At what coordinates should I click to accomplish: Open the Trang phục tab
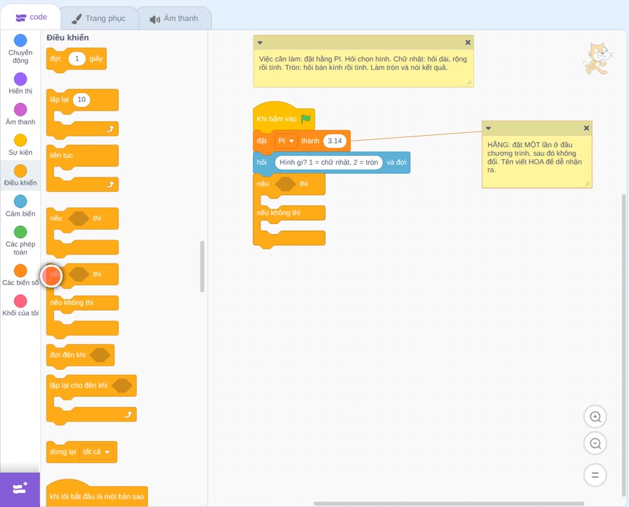click(99, 18)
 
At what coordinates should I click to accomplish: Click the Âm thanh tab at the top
click(174, 18)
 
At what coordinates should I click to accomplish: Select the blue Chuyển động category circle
click(21, 40)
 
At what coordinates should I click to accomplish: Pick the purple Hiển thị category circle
click(21, 79)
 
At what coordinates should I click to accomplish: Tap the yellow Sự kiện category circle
click(21, 140)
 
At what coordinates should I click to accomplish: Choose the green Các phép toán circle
click(21, 232)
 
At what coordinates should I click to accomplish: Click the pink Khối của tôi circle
click(21, 301)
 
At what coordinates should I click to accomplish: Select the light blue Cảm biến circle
click(21, 201)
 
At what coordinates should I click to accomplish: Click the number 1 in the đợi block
click(77, 58)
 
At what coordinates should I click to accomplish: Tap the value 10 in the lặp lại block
click(81, 99)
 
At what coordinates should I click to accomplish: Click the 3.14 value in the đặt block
click(335, 141)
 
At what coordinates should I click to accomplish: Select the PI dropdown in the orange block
click(286, 141)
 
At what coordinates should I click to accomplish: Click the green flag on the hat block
click(306, 118)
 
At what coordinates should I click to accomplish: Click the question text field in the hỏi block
click(328, 162)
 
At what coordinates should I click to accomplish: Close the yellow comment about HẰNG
click(586, 128)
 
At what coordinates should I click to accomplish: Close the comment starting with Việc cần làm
click(468, 42)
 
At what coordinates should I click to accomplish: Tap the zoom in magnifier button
click(595, 417)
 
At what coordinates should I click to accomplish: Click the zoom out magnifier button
click(595, 443)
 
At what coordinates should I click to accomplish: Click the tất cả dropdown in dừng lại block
click(96, 452)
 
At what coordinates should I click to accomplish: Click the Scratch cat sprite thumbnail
click(598, 58)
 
